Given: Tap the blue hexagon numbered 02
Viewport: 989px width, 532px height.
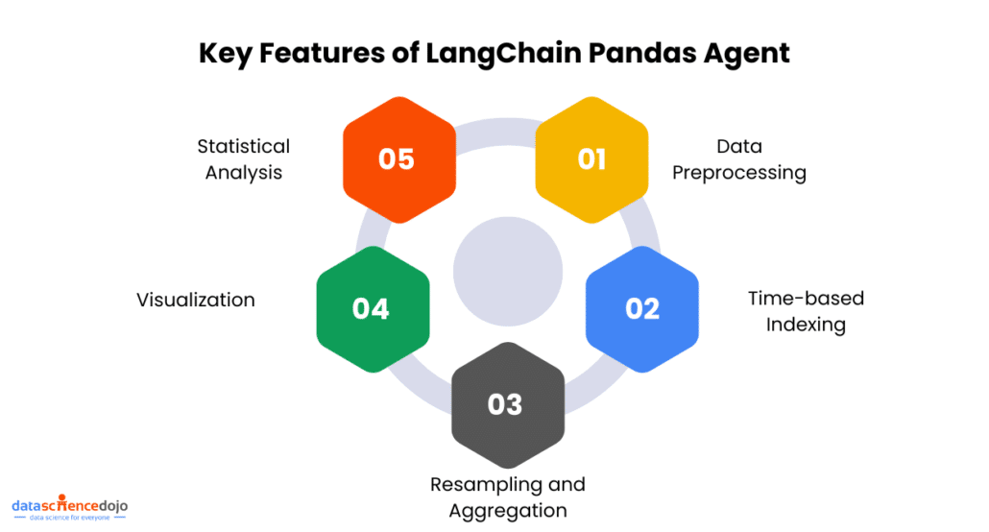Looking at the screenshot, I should (x=642, y=308).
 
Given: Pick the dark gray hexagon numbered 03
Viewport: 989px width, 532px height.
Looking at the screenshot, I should (x=505, y=404).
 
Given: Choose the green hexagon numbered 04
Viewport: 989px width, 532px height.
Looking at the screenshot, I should (x=371, y=308).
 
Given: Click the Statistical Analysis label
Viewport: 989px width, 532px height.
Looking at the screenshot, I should (x=243, y=159).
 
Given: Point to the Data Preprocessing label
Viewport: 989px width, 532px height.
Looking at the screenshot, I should (x=739, y=159).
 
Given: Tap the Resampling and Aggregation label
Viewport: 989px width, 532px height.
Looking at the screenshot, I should (x=507, y=496).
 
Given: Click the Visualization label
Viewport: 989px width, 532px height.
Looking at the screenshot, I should (x=196, y=300).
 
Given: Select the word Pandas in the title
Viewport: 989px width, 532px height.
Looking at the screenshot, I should (x=642, y=52).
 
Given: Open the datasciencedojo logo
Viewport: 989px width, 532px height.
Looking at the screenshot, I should (x=69, y=505).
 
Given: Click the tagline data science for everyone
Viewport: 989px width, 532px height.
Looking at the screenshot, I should (x=70, y=518).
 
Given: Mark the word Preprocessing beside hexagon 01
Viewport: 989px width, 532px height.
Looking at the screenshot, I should (x=739, y=173).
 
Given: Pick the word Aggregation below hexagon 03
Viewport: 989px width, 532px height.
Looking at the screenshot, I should (x=507, y=510).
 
